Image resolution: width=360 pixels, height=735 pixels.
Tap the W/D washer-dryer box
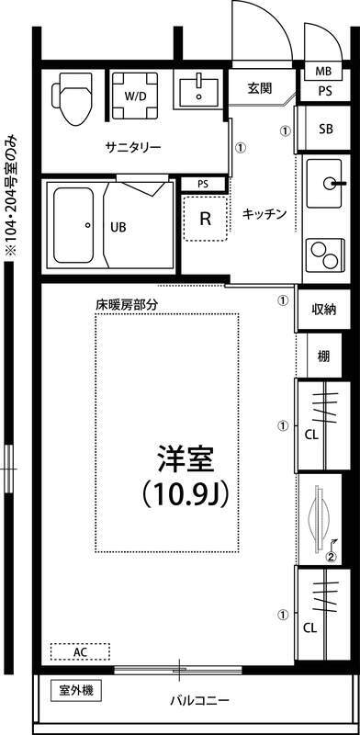[x=134, y=95]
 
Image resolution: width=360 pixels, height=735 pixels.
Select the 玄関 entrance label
[x=260, y=89]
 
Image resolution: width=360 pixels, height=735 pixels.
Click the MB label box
[x=323, y=72]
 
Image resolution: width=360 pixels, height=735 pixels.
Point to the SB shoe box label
[x=325, y=130]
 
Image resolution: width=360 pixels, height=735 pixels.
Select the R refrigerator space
[x=206, y=220]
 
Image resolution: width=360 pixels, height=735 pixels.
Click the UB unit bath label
[x=118, y=226]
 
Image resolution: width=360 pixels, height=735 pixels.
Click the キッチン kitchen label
[x=265, y=214]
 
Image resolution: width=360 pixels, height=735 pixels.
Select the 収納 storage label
[x=323, y=310]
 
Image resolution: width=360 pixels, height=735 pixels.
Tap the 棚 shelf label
[x=323, y=356]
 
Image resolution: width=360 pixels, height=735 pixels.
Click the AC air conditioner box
[x=80, y=651]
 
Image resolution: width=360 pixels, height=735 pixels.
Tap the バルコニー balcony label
[x=198, y=701]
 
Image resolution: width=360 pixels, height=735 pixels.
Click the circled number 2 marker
[x=332, y=556]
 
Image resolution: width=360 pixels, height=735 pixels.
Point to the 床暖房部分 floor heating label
[x=127, y=303]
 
